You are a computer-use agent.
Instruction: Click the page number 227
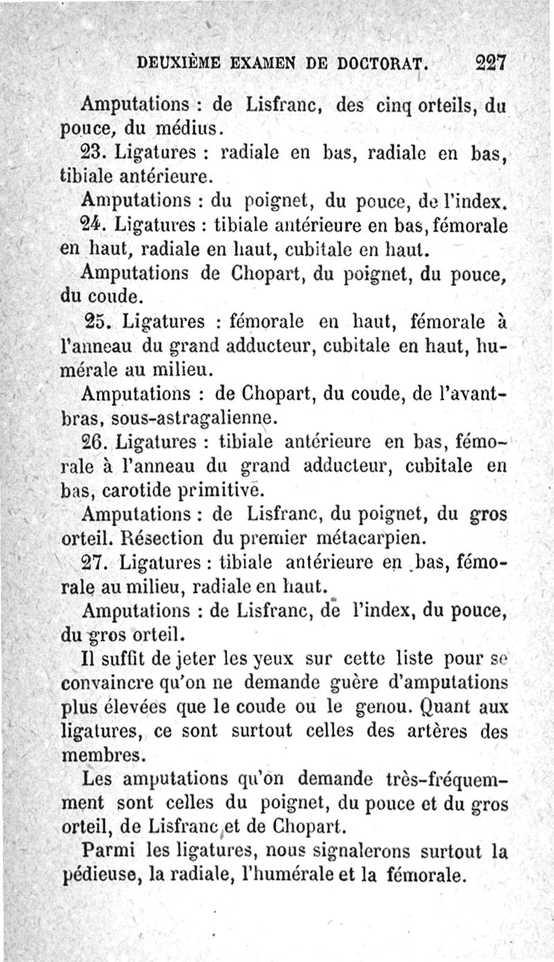pyautogui.click(x=492, y=63)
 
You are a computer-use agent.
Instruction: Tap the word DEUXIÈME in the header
pyautogui.click(x=177, y=64)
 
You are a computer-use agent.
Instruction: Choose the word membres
pyautogui.click(x=100, y=754)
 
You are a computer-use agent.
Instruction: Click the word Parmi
pyautogui.click(x=108, y=849)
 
